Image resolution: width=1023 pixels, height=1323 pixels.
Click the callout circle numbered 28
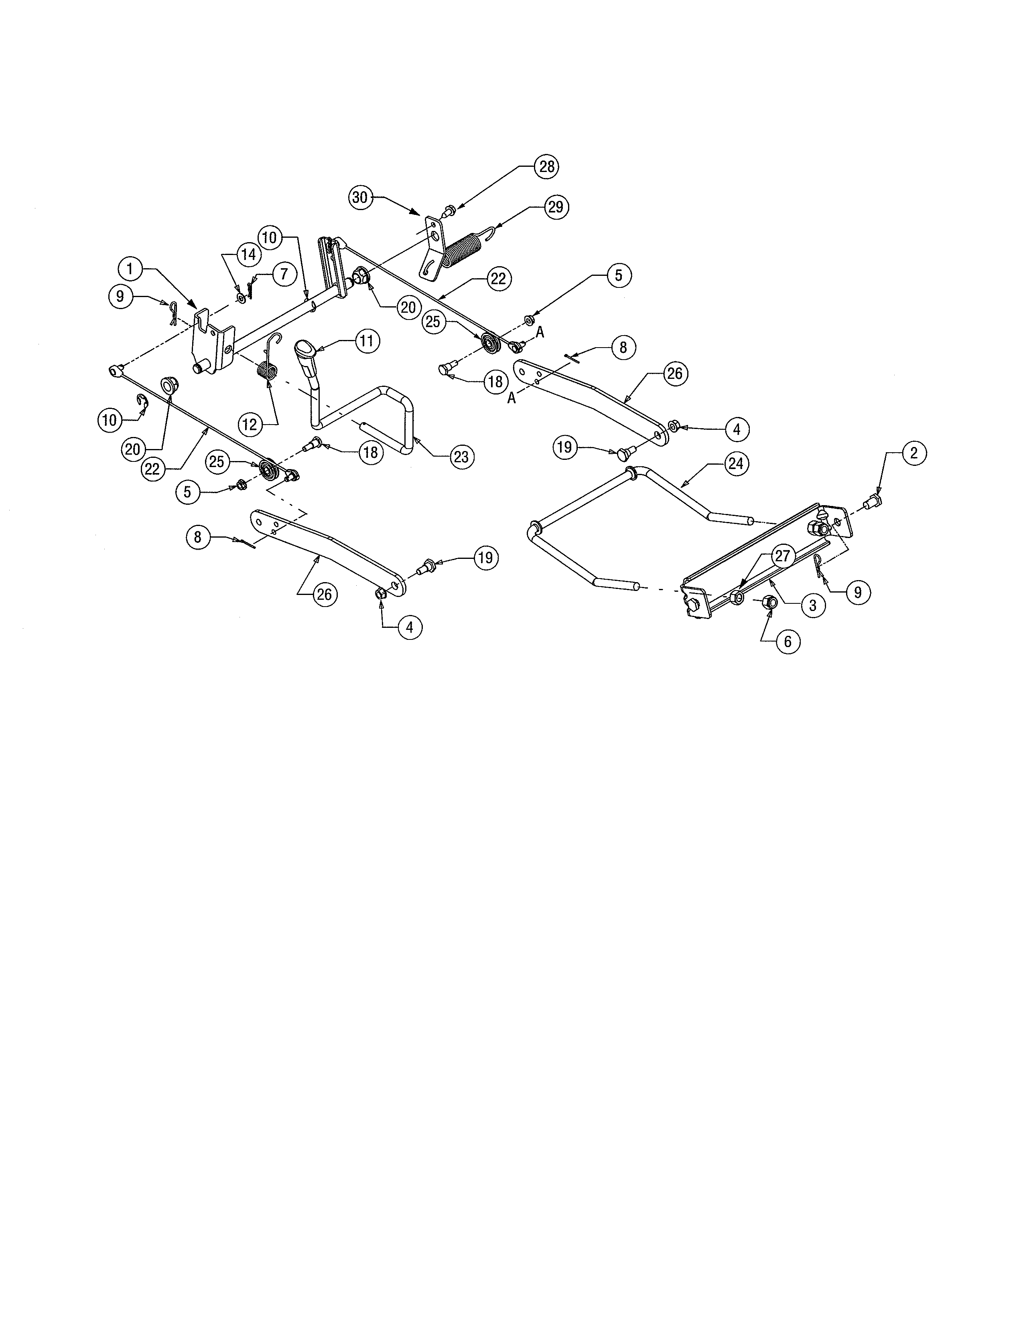pos(547,167)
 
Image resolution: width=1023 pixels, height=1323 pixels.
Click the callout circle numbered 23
pos(461,456)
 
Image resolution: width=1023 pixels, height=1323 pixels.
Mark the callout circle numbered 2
pos(913,453)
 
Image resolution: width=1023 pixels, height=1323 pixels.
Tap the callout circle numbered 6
pos(787,641)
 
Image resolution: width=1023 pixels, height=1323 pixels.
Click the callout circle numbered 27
pos(783,556)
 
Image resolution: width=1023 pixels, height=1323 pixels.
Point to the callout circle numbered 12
pos(250,425)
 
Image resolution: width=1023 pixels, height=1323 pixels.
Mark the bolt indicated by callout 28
pos(450,211)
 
